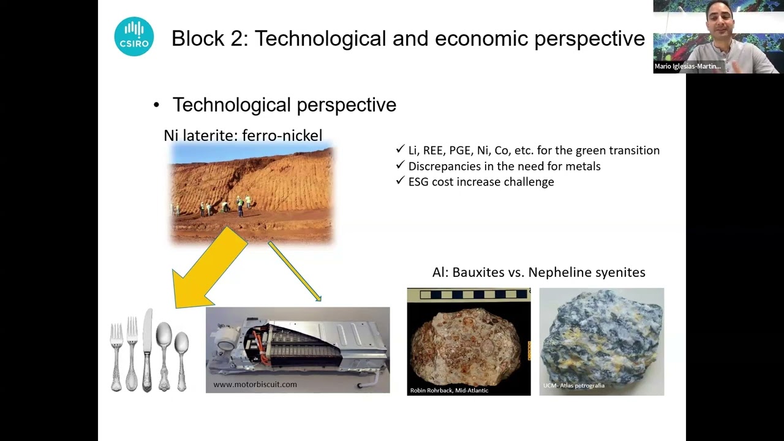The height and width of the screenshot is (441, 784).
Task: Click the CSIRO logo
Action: [x=134, y=37]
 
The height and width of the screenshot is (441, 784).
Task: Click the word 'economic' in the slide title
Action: [x=481, y=39]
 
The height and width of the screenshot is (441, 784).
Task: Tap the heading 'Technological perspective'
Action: [x=284, y=105]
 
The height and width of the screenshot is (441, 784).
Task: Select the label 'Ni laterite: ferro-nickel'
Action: [x=243, y=135]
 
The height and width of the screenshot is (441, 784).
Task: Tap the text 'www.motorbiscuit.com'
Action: [x=255, y=385]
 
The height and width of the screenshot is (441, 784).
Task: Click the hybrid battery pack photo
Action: [x=297, y=346]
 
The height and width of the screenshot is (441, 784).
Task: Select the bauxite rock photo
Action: [x=469, y=341]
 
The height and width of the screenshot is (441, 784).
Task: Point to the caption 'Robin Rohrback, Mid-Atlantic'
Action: [x=449, y=390]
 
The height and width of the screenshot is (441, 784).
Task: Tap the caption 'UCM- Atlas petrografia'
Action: [x=574, y=385]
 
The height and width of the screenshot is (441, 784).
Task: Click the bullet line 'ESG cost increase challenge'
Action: [x=481, y=182]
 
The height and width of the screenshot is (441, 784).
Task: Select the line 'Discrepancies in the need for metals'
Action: [x=504, y=166]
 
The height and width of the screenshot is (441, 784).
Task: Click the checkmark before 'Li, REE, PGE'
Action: [x=401, y=149]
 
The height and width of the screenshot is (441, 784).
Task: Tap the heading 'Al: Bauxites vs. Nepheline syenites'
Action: [x=538, y=273]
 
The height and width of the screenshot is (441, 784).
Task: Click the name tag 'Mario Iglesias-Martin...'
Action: [x=687, y=66]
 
